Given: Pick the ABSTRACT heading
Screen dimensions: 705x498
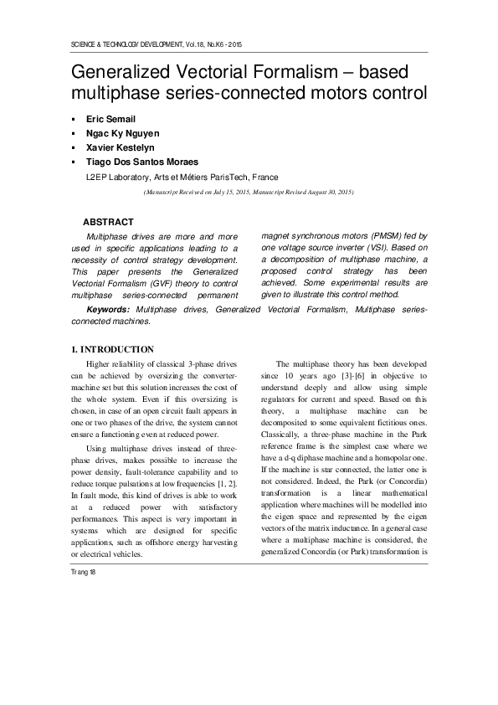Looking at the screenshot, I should point(108,222).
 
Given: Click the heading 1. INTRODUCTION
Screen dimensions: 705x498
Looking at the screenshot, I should point(112,348).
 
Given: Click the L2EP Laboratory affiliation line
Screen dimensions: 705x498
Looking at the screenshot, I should point(182,178).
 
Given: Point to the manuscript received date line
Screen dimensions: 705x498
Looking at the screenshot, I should point(248,192).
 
